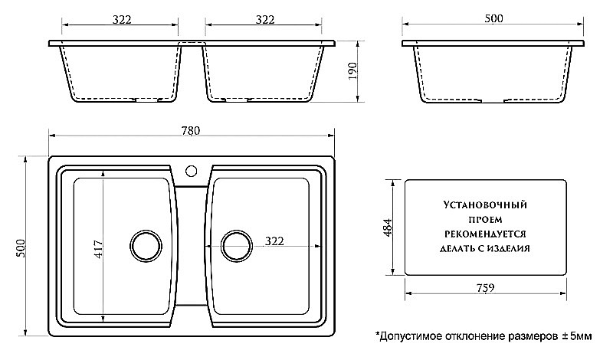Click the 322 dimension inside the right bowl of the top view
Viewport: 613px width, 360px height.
click(274, 241)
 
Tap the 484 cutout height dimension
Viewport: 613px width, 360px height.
click(387, 227)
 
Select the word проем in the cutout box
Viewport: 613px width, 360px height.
click(487, 219)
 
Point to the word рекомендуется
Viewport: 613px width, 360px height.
click(487, 234)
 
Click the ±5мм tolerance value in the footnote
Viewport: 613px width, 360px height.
click(577, 336)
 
